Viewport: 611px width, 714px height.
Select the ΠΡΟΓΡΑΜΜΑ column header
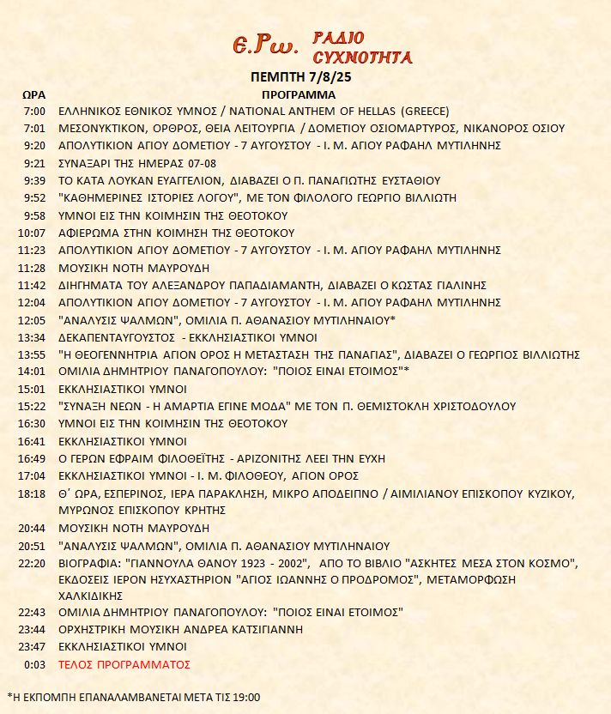pos(299,94)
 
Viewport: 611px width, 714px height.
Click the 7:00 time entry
pos(35,111)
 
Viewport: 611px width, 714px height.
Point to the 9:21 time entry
pos(35,163)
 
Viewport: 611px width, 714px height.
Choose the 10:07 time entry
pos(32,233)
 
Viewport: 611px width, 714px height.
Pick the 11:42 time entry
pos(32,285)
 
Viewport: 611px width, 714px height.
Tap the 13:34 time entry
pos(32,337)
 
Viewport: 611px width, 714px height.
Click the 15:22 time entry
pos(32,406)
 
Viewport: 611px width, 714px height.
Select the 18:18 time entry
pos(32,493)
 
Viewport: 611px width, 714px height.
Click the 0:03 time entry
pos(35,664)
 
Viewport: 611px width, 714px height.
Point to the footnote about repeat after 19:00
pos(133,697)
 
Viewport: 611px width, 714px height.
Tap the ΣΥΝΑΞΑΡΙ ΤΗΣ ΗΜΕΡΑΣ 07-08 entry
pos(136,163)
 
